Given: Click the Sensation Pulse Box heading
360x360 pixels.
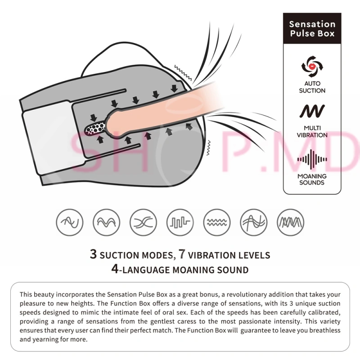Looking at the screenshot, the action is pos(312,29).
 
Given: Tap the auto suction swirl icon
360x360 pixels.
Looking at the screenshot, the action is pos(312,67).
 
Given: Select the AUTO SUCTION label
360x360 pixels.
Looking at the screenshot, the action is pos(312,87).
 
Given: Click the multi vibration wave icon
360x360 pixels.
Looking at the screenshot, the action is pos(312,111).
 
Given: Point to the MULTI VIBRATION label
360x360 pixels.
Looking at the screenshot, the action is pos(312,131).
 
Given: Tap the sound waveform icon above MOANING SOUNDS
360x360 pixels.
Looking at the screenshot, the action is pos(312,159).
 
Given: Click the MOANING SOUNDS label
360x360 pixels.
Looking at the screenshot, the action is pos(312,179).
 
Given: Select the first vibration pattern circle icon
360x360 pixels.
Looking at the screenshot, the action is pos(70,222).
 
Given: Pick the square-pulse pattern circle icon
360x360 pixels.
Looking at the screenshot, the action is pos(180,222).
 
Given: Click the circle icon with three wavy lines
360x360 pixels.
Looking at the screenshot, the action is pos(217,222).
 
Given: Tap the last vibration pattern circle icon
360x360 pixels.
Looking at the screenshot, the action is pos(290,222).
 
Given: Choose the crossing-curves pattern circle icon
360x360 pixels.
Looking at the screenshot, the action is pos(143,222).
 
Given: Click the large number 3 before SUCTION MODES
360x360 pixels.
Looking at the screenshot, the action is pos(93,254).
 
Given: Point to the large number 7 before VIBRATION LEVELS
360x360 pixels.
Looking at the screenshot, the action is pos(182,254).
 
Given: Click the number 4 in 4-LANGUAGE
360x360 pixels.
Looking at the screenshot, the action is pos(115,269).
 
